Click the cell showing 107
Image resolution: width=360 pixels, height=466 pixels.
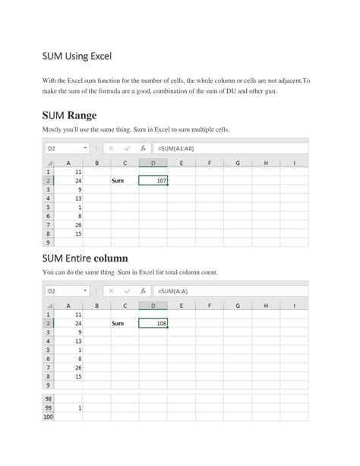click(x=153, y=181)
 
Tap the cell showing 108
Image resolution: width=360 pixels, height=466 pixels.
click(x=153, y=323)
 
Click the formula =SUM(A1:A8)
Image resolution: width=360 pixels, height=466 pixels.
click(x=176, y=148)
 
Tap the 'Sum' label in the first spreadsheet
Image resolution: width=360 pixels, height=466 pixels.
click(x=118, y=181)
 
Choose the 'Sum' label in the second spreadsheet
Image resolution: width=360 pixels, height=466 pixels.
click(x=118, y=323)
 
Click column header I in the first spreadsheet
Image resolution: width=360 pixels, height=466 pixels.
click(x=293, y=162)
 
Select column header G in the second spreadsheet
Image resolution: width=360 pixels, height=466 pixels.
click(x=237, y=305)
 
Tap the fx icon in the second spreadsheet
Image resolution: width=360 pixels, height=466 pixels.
click(x=143, y=290)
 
